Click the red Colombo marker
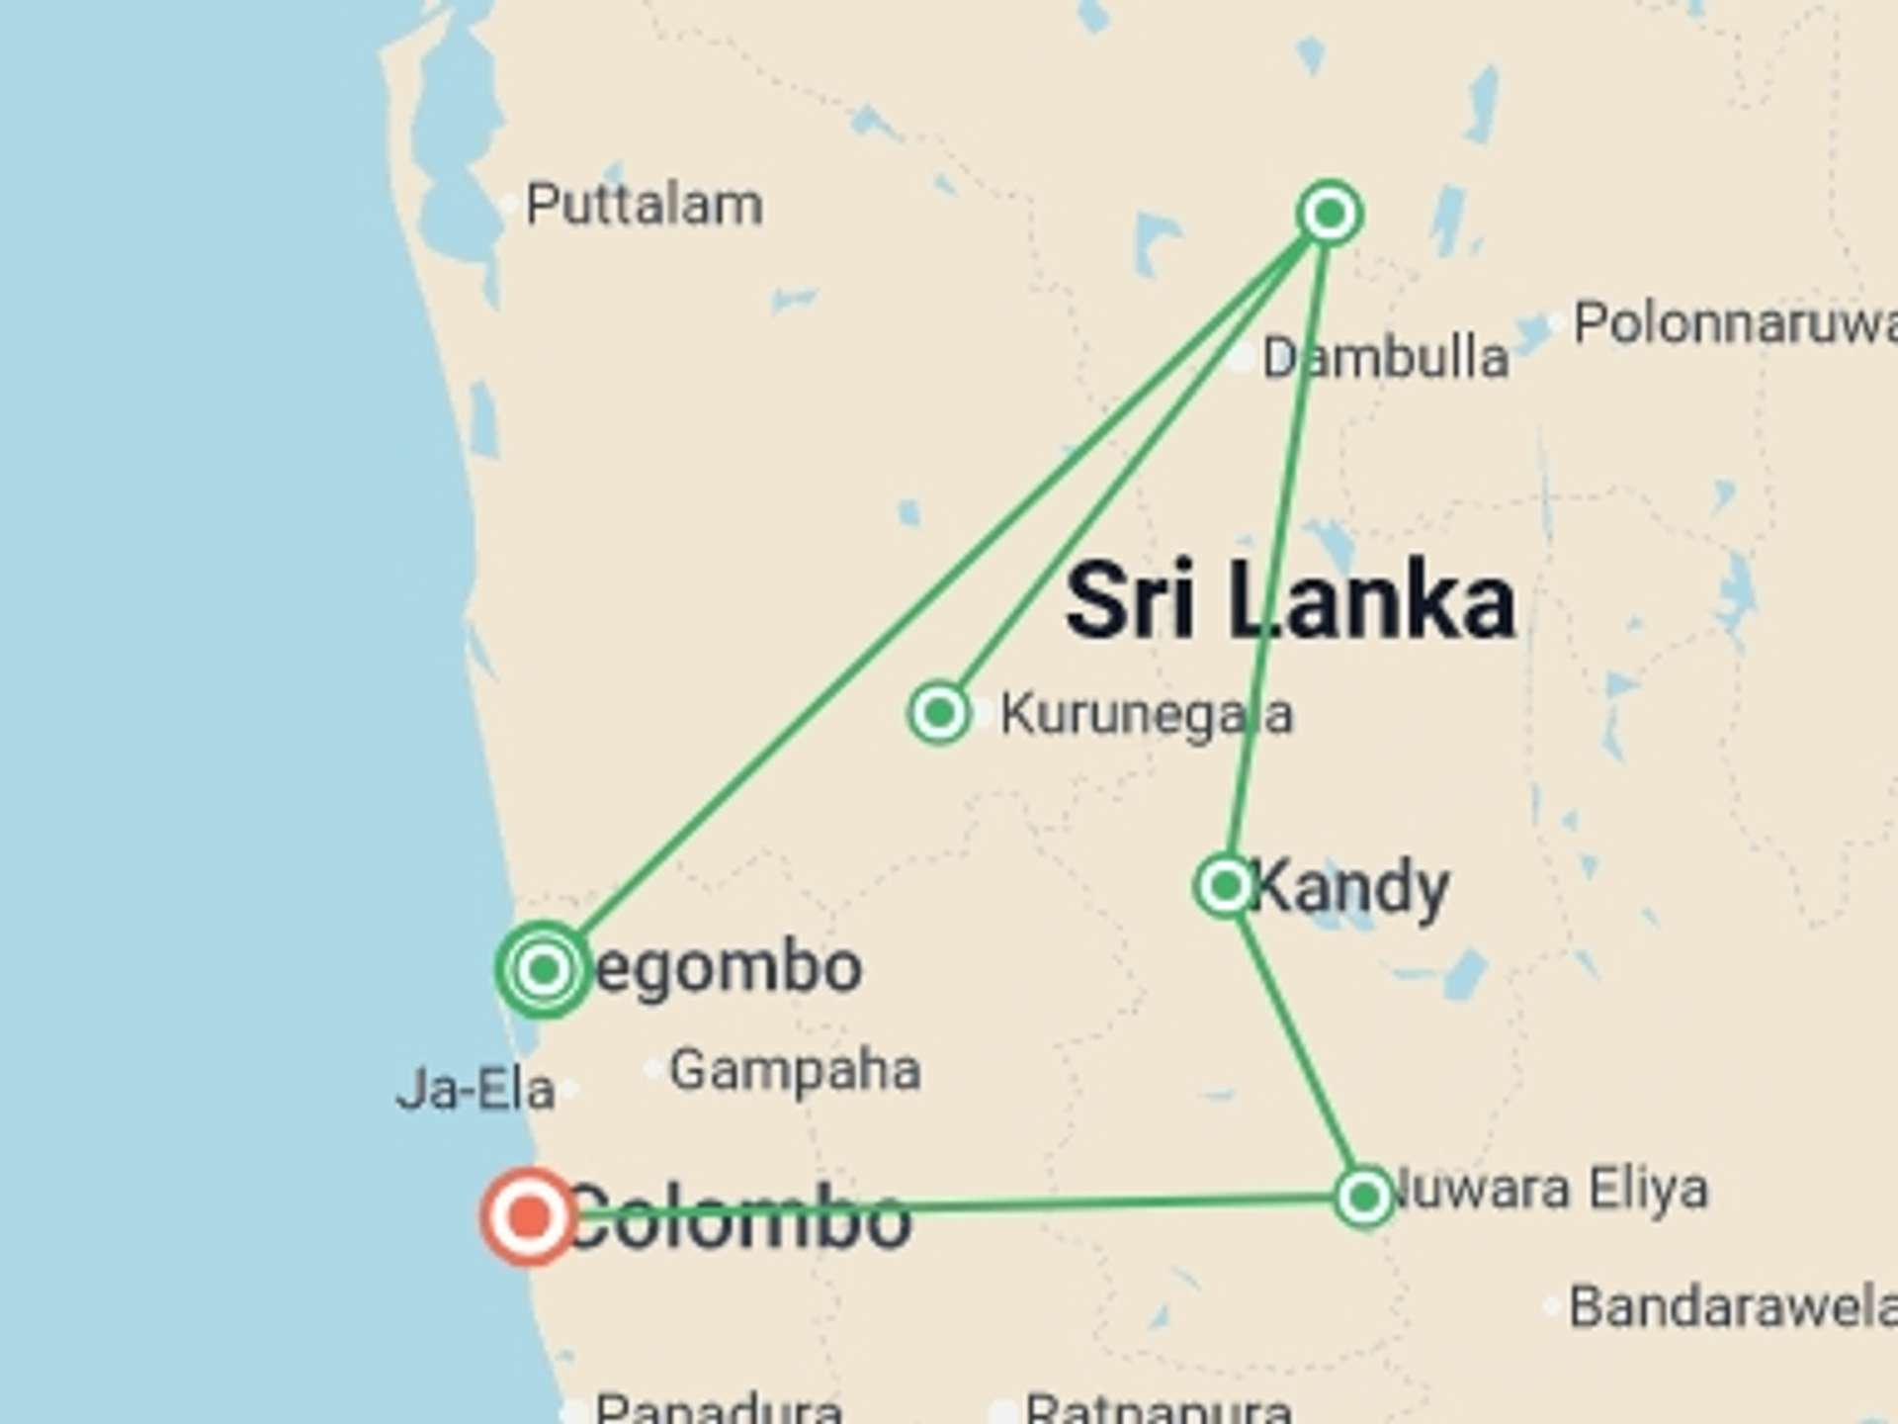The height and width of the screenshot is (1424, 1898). coord(529,1216)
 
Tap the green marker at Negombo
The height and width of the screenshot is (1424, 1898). coord(543,969)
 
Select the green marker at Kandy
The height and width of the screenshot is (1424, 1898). coord(1226,885)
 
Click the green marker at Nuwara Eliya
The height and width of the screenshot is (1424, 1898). coord(1364,1198)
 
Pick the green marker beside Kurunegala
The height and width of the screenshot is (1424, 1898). coord(938,712)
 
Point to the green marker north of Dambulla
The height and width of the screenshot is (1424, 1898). coord(1330,212)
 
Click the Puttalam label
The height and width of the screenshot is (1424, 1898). coord(644,206)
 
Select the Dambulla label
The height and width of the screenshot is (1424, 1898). coord(1385,357)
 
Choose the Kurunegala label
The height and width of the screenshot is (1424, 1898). coord(1146,714)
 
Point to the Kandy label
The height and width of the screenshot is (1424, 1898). coord(1350,887)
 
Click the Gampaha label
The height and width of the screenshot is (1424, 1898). coord(795,1070)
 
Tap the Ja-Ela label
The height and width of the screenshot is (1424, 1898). coord(475,1091)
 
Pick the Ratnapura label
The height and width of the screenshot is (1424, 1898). coord(1158,1408)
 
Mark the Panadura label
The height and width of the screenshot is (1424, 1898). coord(719,1408)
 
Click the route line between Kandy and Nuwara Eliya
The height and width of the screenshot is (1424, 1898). coord(1296,1043)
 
